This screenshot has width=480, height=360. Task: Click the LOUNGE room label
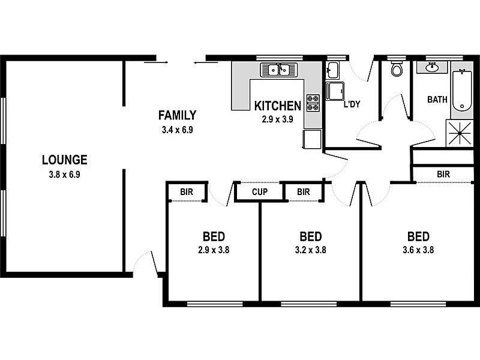point(65,160)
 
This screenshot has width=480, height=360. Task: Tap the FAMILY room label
point(177,115)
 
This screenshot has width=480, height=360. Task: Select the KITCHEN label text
point(278,106)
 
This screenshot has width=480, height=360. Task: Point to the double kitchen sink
point(278,70)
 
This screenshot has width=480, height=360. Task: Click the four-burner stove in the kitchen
point(313,103)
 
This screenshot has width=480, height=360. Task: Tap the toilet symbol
point(397,69)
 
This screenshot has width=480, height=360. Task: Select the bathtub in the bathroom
point(462,91)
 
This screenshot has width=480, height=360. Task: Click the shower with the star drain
point(460,133)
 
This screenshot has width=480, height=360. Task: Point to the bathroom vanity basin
point(432,67)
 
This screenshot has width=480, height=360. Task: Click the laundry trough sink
point(332,70)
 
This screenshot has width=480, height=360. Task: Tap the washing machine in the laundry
point(335,91)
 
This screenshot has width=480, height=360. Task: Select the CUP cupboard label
point(260,192)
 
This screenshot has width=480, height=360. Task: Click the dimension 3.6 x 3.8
point(418,250)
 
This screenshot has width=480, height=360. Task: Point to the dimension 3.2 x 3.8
point(310,250)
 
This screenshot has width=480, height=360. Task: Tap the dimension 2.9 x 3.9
point(277,119)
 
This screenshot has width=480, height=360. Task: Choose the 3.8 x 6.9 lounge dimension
point(65,175)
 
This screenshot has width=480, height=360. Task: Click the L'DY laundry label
point(352,104)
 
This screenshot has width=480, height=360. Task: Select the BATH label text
point(437,100)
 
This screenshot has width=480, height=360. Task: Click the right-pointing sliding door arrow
point(156,62)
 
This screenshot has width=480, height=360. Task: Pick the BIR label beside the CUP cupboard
point(304,192)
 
